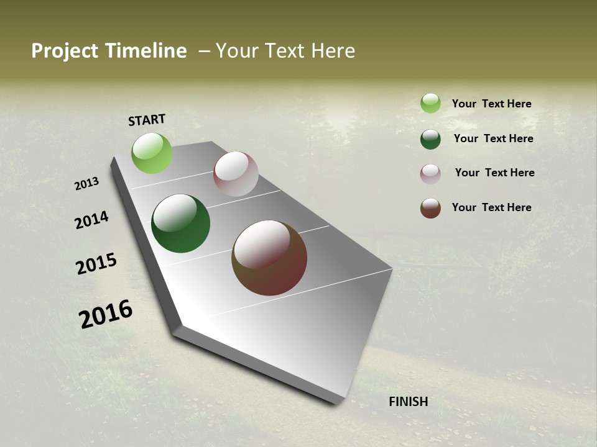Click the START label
click(x=147, y=120)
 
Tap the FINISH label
click(x=409, y=402)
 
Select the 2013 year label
click(x=86, y=184)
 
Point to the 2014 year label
click(x=91, y=220)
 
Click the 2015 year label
click(x=96, y=264)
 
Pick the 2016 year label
click(x=106, y=314)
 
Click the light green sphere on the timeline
click(x=152, y=153)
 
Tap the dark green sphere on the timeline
click(x=180, y=223)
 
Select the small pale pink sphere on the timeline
click(x=236, y=174)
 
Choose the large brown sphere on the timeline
click(x=269, y=258)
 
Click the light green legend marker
click(x=430, y=104)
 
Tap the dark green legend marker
click(x=430, y=139)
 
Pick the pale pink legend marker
click(x=430, y=174)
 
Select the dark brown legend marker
click(x=430, y=209)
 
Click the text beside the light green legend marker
click(x=491, y=104)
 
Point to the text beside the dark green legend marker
click(x=493, y=138)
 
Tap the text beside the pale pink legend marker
click(x=494, y=173)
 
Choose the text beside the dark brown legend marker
click(x=491, y=207)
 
